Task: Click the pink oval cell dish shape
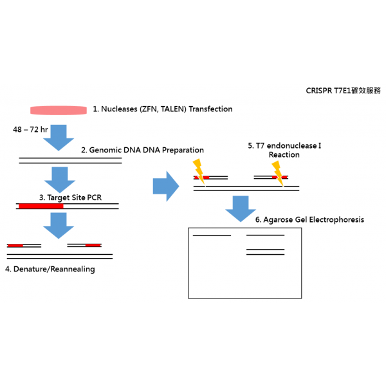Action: [59, 110]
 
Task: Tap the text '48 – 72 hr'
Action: [30, 129]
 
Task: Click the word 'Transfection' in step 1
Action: [210, 109]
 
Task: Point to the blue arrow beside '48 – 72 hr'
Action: [59, 138]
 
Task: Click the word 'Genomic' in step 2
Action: [105, 150]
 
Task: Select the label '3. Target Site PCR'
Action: [70, 198]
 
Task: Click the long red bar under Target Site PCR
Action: [41, 206]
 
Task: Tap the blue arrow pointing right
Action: [166, 187]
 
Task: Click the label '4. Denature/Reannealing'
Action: [50, 269]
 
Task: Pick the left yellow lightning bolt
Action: [199, 172]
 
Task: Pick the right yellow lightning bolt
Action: [278, 174]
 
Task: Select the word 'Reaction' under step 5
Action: [284, 155]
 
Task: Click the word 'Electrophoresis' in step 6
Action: [336, 219]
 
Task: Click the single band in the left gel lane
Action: [212, 235]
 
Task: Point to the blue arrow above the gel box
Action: [241, 208]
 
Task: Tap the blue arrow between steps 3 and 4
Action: [59, 226]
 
